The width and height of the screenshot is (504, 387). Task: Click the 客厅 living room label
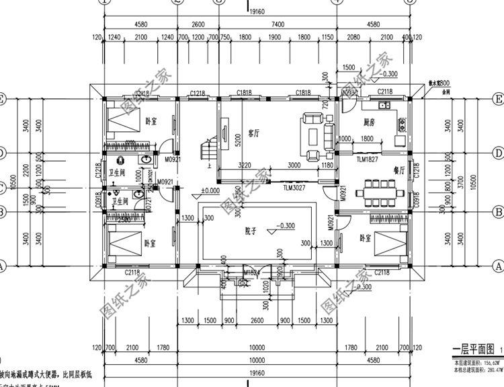254,133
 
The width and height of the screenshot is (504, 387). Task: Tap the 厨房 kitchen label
369,122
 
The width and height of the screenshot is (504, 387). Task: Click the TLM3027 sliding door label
294,190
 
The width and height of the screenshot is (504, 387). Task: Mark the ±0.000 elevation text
211,191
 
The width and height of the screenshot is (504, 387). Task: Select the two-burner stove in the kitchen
402,124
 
